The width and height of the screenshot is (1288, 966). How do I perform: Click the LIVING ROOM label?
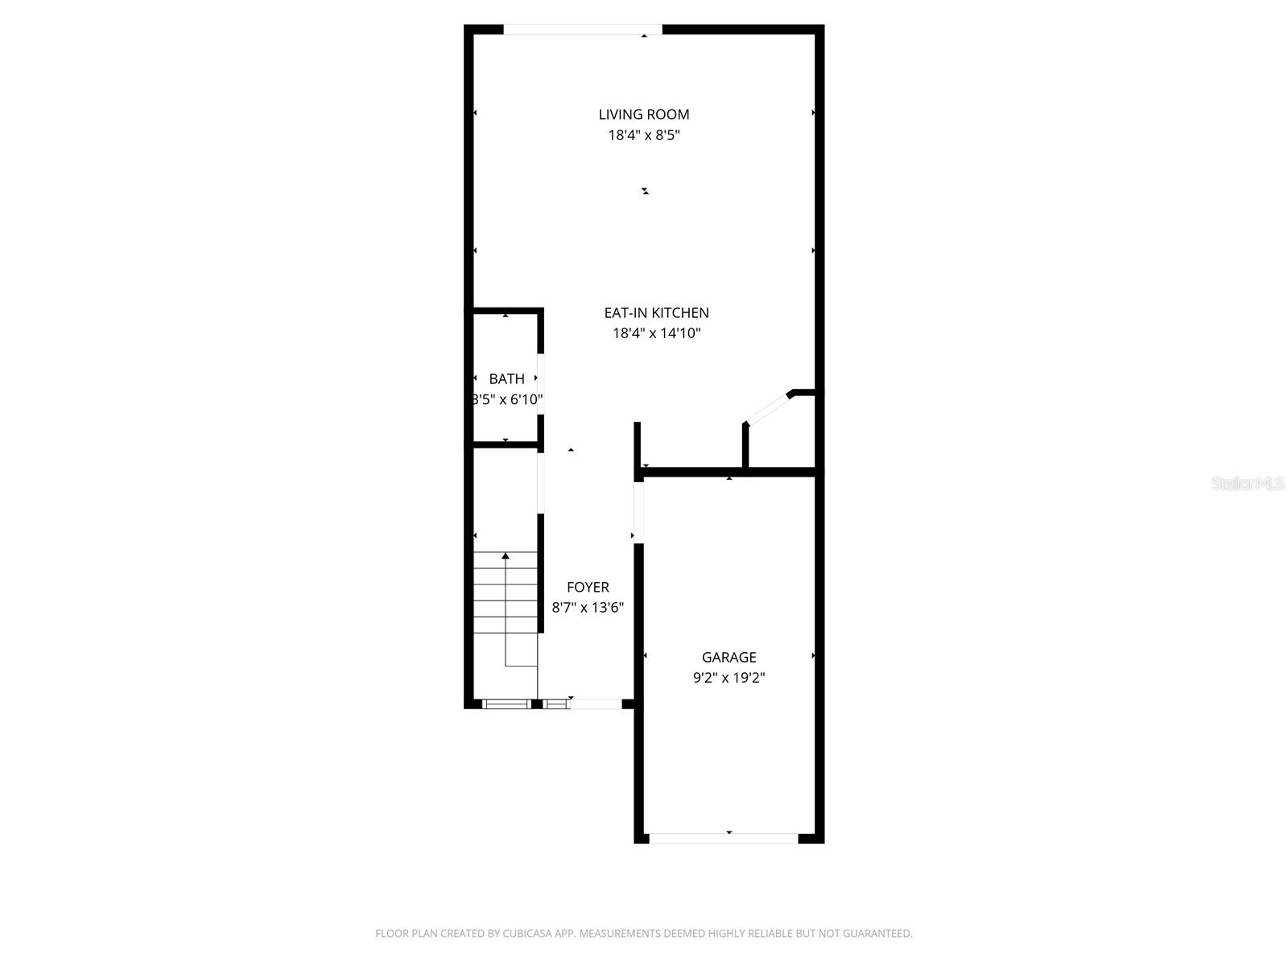pyautogui.click(x=643, y=114)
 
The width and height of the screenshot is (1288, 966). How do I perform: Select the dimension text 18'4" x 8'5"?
pyautogui.click(x=643, y=135)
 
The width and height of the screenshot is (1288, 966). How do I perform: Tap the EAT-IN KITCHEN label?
pyautogui.click(x=656, y=312)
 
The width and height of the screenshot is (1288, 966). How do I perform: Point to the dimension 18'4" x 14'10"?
pyautogui.click(x=656, y=333)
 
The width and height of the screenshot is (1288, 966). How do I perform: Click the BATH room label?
pyautogui.click(x=506, y=378)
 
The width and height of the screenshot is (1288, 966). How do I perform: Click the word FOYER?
pyautogui.click(x=588, y=587)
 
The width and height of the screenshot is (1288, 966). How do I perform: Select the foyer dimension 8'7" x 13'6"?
pyautogui.click(x=588, y=608)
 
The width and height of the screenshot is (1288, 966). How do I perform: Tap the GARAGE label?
pyautogui.click(x=729, y=657)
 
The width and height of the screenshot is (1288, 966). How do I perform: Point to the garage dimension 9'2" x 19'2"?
pyautogui.click(x=729, y=678)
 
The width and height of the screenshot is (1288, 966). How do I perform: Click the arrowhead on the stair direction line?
pyautogui.click(x=506, y=555)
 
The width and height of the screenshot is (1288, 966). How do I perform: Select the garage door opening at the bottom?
pyautogui.click(x=723, y=838)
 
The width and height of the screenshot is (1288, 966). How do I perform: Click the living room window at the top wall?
pyautogui.click(x=582, y=30)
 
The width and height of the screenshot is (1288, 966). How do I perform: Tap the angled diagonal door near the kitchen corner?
pyautogui.click(x=767, y=408)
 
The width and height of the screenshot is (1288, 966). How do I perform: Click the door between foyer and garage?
pyautogui.click(x=638, y=512)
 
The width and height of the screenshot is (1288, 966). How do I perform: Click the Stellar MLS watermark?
pyautogui.click(x=1247, y=483)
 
